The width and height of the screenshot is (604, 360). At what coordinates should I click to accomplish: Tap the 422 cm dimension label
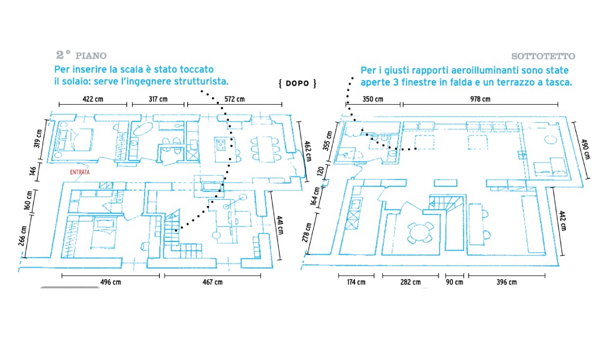pos(92,99)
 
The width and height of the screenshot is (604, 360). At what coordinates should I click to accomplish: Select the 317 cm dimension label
pos(157,99)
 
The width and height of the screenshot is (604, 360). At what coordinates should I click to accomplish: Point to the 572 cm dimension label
pos(234,99)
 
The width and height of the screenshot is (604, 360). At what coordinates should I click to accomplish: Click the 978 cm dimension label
pos(480,99)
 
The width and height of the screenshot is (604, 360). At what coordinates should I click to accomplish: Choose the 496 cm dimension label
pos(110,282)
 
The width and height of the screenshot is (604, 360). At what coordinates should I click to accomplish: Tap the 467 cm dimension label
pos(212,282)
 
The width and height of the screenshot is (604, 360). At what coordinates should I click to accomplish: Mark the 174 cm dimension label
pos(356,282)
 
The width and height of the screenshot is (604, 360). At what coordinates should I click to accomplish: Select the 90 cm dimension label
pos(454,282)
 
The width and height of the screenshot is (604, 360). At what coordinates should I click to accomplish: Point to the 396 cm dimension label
pos(506,282)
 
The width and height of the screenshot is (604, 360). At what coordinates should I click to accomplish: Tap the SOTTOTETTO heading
pos(543,56)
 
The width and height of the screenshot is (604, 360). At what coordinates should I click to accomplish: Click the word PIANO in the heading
pos(91,56)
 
